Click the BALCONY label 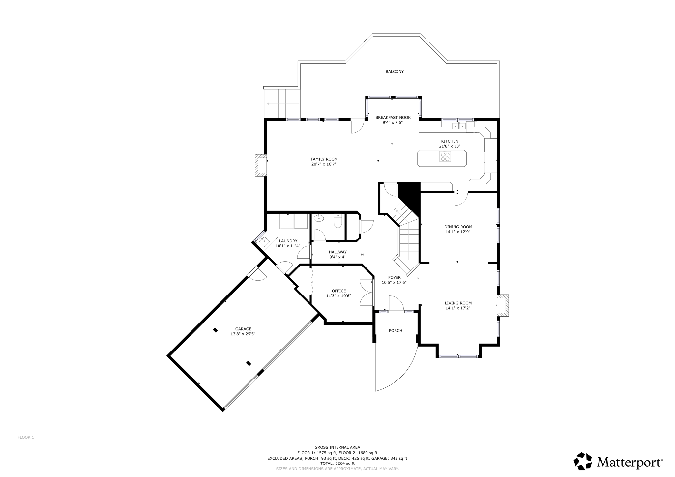point(395,71)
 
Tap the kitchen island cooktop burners point(445,156)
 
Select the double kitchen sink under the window point(459,126)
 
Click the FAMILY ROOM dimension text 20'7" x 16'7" point(324,164)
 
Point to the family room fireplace point(261,165)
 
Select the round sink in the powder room point(319,218)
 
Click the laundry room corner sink point(264,241)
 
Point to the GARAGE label point(243,329)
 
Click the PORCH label point(396,330)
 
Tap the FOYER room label point(394,277)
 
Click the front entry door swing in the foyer point(396,303)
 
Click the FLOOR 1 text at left point(26,437)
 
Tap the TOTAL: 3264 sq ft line point(337,463)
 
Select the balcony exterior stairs point(282,103)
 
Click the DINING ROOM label point(458,227)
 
